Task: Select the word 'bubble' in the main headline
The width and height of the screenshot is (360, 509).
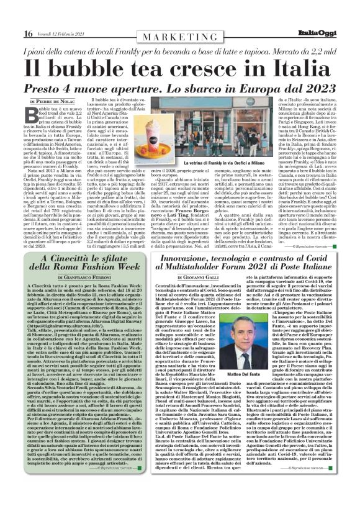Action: pyautogui.click(x=117, y=66)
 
